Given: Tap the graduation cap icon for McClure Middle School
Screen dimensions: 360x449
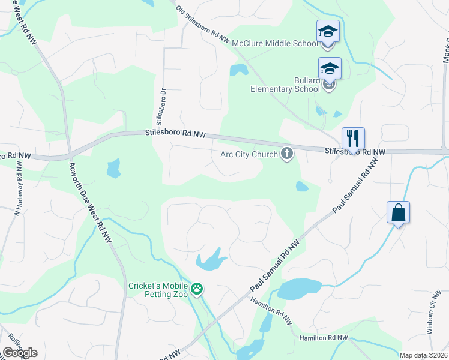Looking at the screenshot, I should coord(328,31).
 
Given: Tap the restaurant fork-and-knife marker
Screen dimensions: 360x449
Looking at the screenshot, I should coord(353,138).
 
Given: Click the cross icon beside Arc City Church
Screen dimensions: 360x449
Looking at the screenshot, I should coord(287,154).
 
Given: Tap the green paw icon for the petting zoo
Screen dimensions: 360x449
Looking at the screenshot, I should coord(197,290).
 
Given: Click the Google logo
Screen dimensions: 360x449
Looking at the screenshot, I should coord(20,353).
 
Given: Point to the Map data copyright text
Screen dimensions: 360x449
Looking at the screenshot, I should coord(424,355).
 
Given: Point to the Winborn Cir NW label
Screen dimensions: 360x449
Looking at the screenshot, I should coord(436,313).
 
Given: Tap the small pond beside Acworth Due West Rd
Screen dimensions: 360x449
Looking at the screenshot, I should coord(113,169).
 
